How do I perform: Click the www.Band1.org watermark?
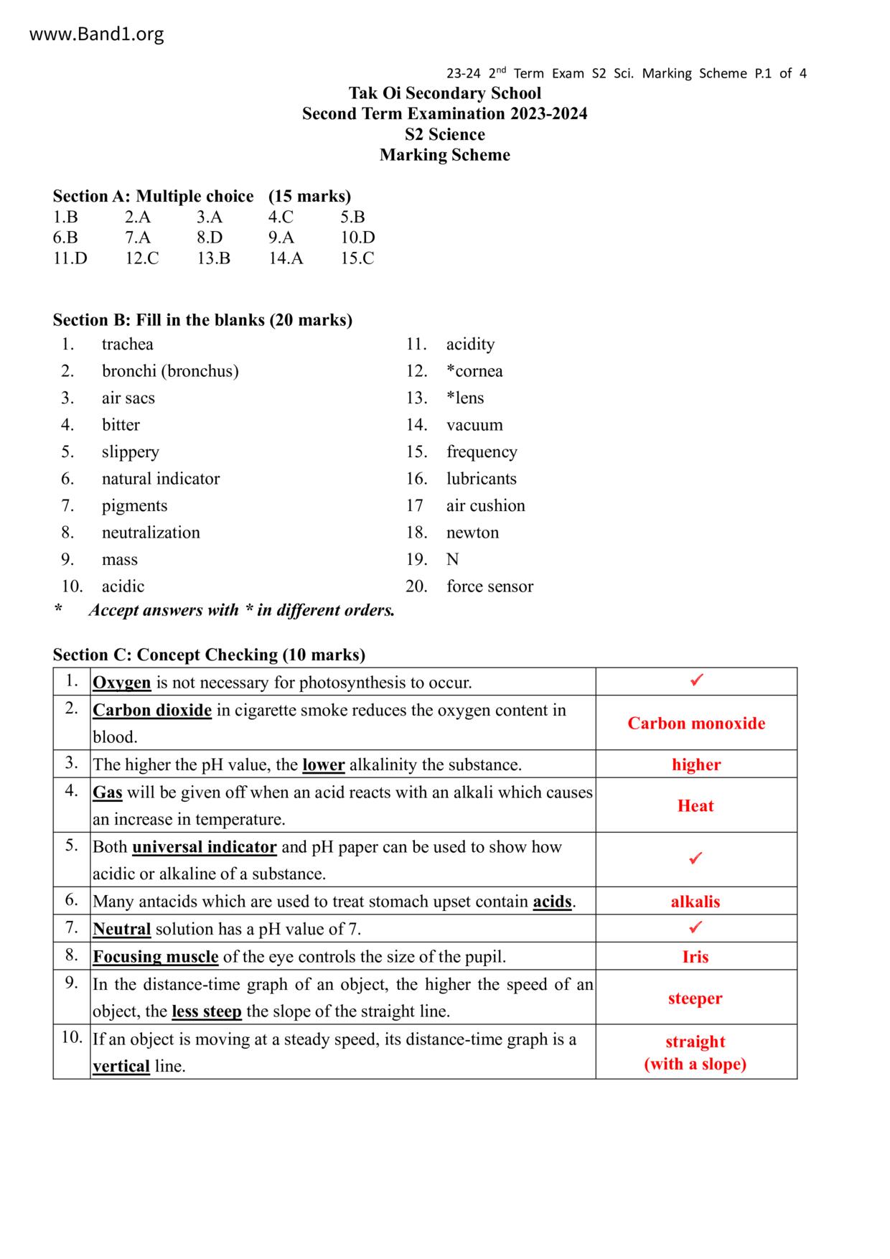point(96,34)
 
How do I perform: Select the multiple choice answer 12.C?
point(141,258)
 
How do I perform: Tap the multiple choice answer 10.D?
point(357,238)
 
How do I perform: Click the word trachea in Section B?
point(127,345)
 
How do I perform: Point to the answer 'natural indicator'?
point(160,479)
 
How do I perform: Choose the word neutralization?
point(151,533)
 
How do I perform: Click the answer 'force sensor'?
point(489,586)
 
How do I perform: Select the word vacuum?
point(474,425)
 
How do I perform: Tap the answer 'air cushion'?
point(485,506)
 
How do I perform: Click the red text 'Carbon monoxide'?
point(696,724)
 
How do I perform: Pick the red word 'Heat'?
point(695,806)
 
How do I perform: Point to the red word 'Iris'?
point(695,957)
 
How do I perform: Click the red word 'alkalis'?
point(695,902)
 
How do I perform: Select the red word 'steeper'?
point(695,998)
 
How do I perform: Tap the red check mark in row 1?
point(696,680)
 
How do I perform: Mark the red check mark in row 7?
point(695,927)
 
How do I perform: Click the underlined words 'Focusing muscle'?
point(156,957)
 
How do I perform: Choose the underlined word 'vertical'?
point(121,1067)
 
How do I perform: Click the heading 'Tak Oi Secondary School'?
point(445,93)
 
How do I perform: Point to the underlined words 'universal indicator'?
point(205,847)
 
